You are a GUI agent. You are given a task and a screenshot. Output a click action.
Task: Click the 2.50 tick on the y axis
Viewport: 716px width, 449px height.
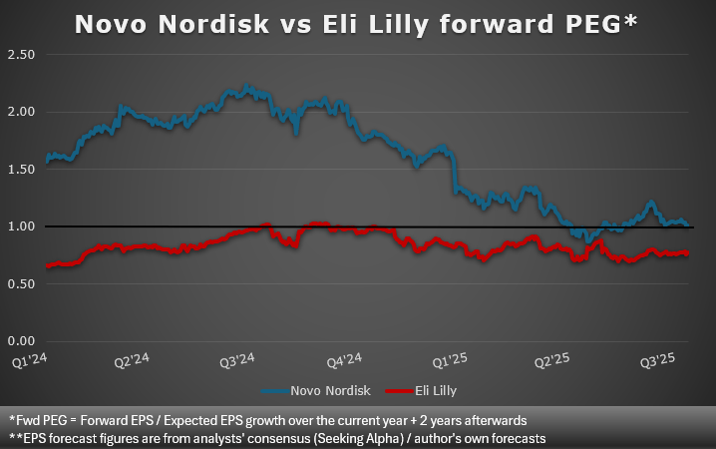(21, 55)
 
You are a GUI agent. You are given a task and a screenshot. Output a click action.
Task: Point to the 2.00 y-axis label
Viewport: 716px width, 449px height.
(21, 112)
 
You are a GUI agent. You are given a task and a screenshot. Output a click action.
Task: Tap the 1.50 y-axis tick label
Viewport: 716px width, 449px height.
(21, 170)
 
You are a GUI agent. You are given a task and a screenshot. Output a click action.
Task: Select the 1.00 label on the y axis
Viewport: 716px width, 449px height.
(21, 226)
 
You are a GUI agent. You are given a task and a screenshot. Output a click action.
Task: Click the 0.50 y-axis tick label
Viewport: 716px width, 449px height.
(21, 284)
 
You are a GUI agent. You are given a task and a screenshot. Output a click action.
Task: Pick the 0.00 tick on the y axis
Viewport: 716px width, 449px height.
(21, 341)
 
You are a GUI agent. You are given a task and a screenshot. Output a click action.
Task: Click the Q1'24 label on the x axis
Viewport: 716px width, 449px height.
(30, 360)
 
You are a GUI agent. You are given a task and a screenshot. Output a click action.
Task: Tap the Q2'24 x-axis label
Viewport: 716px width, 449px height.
(132, 360)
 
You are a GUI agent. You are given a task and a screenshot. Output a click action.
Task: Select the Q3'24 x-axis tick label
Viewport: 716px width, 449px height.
(237, 360)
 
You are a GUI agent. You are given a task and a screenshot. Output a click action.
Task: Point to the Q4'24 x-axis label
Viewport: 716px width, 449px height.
(344, 360)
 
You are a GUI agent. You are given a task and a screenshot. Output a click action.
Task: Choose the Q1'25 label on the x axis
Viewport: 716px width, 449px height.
(450, 360)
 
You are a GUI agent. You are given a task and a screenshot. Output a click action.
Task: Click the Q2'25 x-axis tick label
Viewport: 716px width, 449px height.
(552, 360)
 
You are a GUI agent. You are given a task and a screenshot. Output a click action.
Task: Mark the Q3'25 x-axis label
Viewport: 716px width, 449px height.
(657, 360)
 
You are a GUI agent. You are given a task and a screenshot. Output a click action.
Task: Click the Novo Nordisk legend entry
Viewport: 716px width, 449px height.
(316, 391)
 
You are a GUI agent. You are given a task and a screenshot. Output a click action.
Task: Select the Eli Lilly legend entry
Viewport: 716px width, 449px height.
(421, 391)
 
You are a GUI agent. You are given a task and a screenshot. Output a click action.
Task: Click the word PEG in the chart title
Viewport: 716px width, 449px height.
(593, 24)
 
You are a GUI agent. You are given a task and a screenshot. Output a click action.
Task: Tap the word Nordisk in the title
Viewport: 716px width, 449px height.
(213, 24)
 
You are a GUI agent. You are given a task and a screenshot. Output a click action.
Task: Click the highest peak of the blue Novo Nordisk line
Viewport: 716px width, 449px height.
(247, 86)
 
